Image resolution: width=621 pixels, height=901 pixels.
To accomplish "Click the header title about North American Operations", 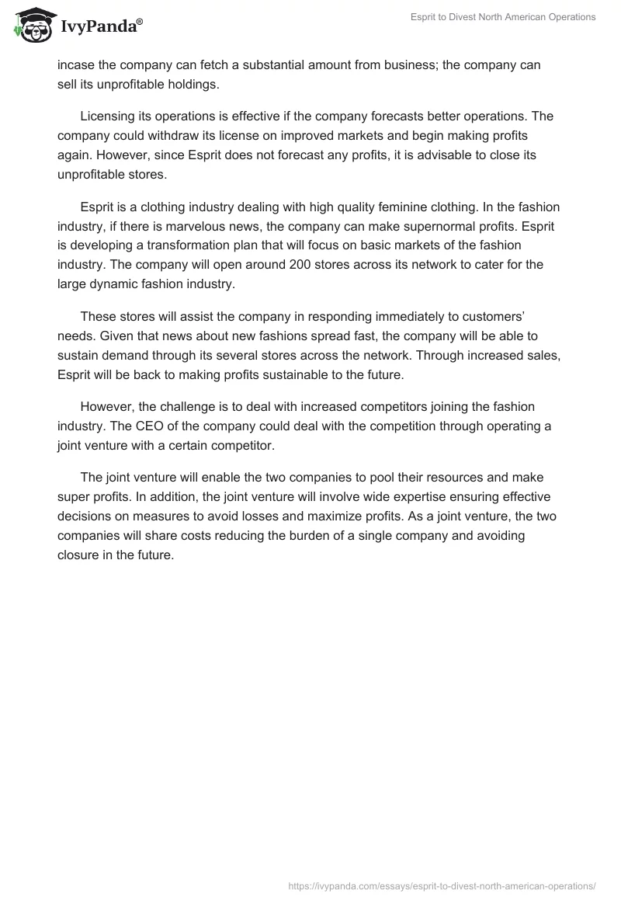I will pos(503,17).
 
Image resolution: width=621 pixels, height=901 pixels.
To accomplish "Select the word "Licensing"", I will pos(107,117).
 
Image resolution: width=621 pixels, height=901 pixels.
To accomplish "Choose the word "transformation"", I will pos(204,245).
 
